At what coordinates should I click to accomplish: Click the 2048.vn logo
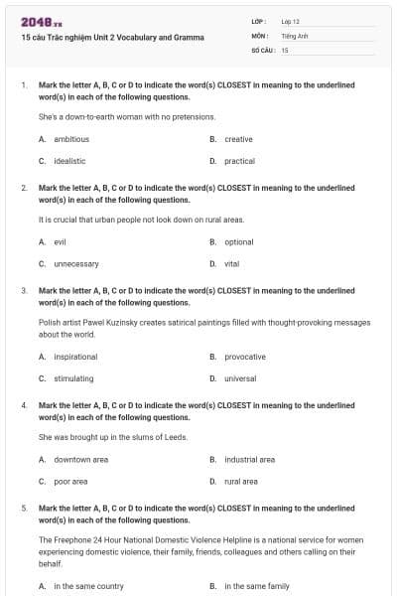[x=35, y=21]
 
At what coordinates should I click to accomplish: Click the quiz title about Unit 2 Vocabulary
[x=112, y=37]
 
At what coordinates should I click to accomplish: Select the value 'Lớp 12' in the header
[x=290, y=21]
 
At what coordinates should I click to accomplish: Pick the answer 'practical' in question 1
[x=239, y=161]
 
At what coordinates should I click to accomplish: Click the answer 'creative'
[x=238, y=139]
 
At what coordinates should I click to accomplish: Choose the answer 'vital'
[x=232, y=263]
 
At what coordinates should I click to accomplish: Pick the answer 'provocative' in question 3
[x=245, y=357]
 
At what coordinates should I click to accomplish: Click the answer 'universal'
[x=240, y=378]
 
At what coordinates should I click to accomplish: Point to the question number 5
[x=24, y=508]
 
